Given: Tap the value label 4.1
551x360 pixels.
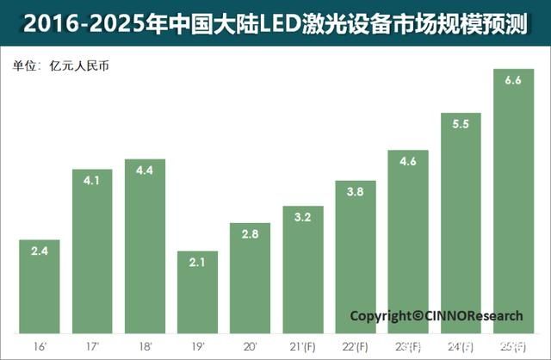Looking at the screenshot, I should [92, 183].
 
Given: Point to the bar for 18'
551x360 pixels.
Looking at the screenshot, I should [145, 250].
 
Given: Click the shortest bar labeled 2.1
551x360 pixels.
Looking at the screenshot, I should [197, 293].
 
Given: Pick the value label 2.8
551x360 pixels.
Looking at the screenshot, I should [250, 235].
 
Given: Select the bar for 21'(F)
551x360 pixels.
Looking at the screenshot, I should [303, 271].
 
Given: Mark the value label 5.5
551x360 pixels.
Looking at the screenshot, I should [461, 125].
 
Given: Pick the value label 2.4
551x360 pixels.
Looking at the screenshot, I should [40, 252].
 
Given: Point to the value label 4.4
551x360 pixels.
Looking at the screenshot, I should [145, 171].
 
